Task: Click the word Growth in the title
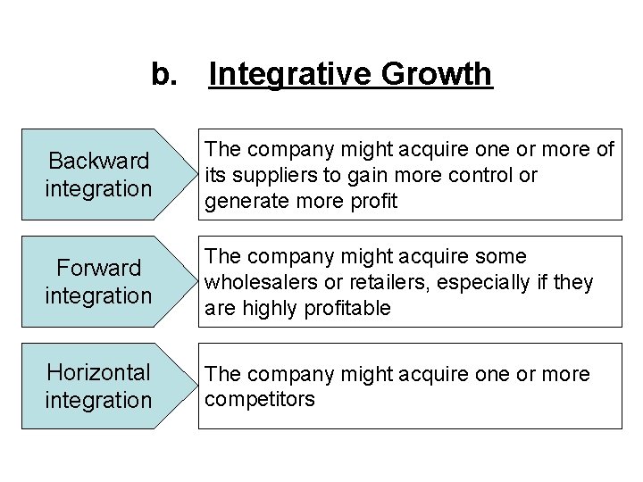point(437,74)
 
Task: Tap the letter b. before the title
point(164,74)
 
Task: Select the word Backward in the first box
point(99,162)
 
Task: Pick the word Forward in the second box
point(99,268)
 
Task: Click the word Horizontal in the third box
point(99,372)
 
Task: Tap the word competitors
point(260,399)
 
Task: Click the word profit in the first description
point(375,202)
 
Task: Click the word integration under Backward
point(99,189)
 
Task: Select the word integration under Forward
point(99,295)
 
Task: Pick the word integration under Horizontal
point(99,400)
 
